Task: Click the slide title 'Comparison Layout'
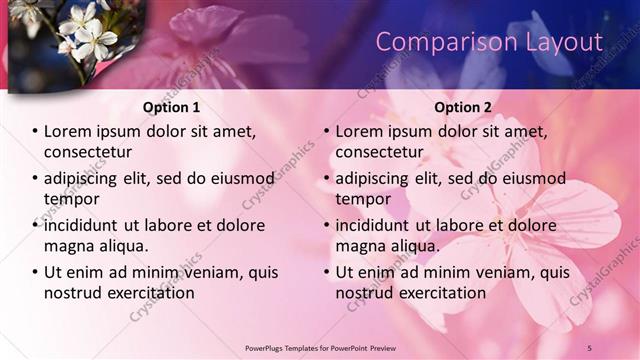click(489, 42)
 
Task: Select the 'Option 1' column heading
click(171, 107)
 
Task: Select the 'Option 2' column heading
click(462, 107)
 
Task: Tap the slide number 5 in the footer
click(590, 347)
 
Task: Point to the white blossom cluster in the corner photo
click(86, 30)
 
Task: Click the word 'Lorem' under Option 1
click(68, 131)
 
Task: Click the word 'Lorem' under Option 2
click(359, 131)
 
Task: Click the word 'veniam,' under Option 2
click(505, 272)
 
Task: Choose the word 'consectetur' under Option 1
click(88, 152)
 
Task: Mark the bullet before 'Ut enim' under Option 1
click(34, 273)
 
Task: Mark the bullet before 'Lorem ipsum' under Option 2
click(325, 132)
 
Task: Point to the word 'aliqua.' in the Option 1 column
click(122, 246)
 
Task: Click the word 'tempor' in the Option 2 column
click(364, 199)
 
